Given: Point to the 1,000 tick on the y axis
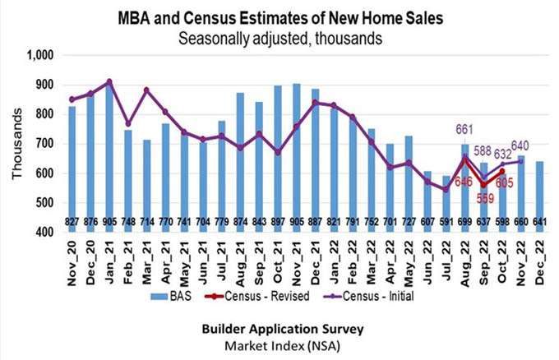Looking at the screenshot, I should (x=39, y=56).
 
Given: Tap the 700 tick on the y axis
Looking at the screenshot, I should (x=42, y=144).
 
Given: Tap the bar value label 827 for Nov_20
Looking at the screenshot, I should (x=72, y=222).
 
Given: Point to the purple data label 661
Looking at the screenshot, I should (x=465, y=129).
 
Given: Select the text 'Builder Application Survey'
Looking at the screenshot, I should (x=271, y=329).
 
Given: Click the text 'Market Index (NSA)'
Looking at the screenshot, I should (x=271, y=344).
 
